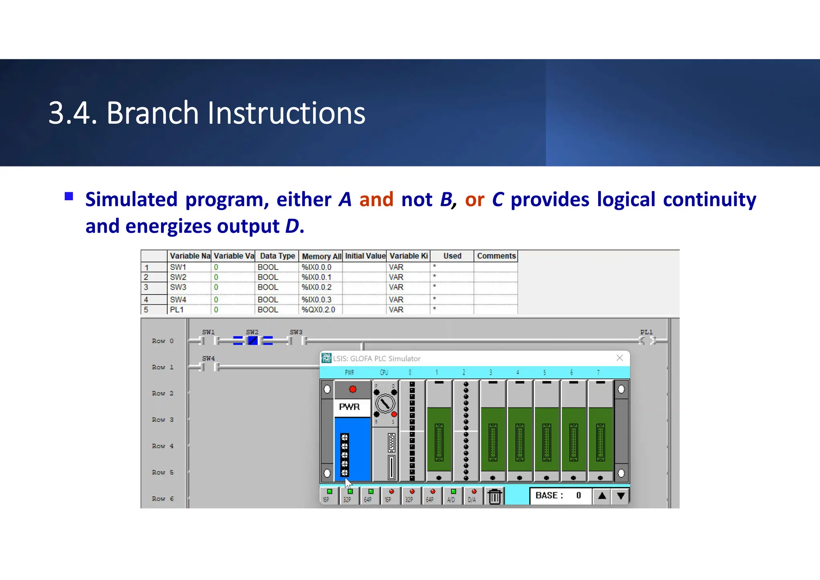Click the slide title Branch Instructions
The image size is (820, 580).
tap(207, 113)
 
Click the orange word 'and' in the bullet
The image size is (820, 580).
tap(376, 199)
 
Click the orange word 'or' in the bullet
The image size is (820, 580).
tap(474, 199)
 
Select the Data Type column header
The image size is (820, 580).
tap(277, 256)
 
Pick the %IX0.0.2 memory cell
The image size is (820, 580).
tap(316, 287)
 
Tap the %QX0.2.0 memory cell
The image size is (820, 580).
tap(318, 310)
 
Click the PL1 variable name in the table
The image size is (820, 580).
tap(177, 310)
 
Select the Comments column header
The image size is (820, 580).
tap(496, 256)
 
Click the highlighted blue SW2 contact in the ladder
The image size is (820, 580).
tap(253, 341)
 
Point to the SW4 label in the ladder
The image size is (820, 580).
tap(208, 358)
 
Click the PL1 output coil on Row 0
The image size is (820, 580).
tap(647, 341)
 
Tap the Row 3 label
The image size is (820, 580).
tap(163, 420)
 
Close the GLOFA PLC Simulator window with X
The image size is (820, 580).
tap(619, 358)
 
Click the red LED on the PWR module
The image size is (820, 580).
tap(352, 389)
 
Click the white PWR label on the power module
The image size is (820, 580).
tap(349, 407)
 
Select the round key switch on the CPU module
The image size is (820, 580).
tap(385, 404)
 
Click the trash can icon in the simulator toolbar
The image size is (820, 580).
tap(494, 497)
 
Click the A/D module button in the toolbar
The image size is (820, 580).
tap(452, 496)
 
